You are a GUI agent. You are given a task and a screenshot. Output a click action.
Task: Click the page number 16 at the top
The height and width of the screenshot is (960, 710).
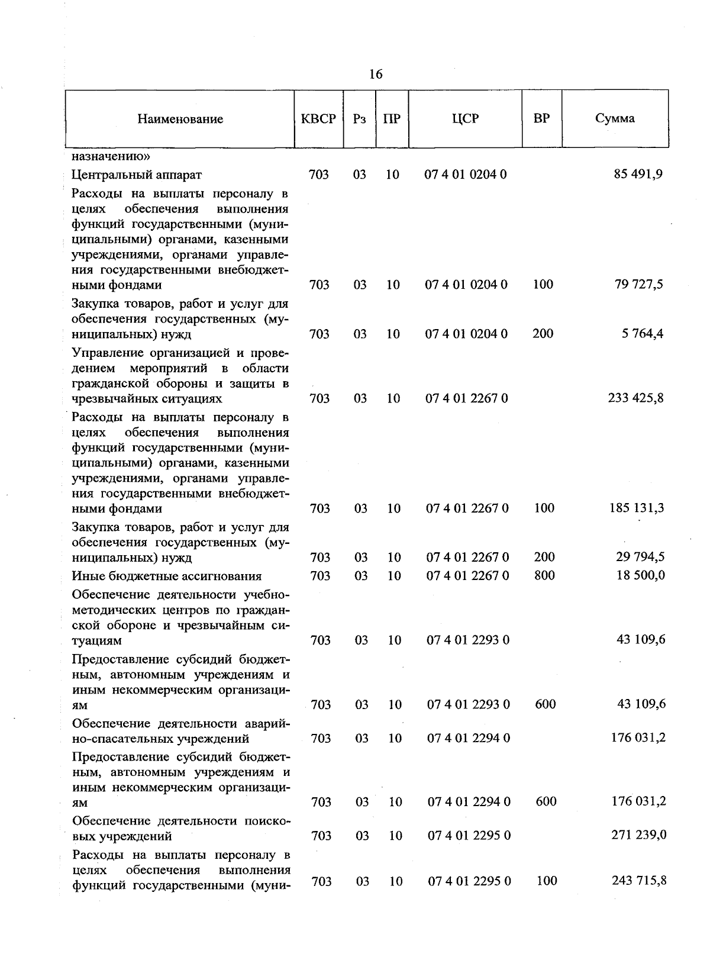click(376, 74)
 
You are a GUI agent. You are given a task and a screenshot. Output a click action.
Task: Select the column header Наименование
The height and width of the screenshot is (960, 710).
click(180, 119)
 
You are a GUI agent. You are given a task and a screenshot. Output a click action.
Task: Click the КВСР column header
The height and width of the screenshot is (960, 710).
click(318, 119)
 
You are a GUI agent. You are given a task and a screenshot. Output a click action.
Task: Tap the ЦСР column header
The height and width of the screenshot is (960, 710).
click(465, 118)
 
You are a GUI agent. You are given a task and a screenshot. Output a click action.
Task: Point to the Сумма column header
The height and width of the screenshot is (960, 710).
click(615, 118)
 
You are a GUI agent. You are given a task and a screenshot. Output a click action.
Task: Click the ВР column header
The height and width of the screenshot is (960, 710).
click(541, 118)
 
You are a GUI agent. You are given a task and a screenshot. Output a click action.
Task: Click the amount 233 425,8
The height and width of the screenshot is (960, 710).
click(636, 398)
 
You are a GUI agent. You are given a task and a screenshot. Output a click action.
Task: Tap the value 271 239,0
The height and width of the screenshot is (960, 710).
click(639, 835)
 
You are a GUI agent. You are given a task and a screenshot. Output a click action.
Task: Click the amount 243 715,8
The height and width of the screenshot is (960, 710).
click(639, 880)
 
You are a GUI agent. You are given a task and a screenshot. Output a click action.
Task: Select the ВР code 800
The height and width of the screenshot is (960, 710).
click(544, 575)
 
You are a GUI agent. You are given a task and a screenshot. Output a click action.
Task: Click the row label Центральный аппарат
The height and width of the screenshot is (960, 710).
click(137, 175)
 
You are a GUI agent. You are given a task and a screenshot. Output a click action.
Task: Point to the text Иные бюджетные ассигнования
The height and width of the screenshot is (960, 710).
click(167, 576)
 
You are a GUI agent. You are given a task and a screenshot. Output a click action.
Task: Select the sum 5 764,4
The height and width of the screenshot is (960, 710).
click(643, 333)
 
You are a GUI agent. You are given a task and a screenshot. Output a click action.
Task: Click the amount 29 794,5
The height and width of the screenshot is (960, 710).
click(640, 557)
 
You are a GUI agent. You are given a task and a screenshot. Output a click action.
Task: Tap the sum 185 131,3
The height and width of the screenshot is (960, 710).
click(637, 508)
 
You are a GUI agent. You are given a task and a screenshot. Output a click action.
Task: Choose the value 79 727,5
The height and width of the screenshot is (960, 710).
click(639, 284)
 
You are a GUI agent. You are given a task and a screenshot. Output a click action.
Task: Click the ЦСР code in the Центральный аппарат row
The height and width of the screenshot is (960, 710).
click(466, 175)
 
